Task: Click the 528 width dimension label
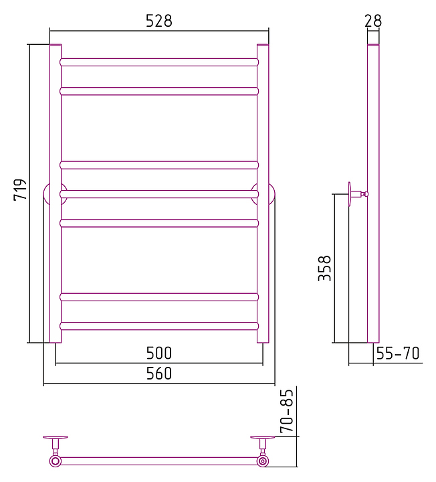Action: [158, 21]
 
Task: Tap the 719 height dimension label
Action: [20, 189]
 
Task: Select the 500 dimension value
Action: [158, 353]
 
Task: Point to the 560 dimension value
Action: [158, 373]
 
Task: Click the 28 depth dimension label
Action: [373, 21]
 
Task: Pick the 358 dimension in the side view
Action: [324, 268]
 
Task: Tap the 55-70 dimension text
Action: [398, 353]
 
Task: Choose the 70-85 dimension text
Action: [287, 411]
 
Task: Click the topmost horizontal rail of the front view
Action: [159, 62]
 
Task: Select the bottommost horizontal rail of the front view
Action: [159, 326]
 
